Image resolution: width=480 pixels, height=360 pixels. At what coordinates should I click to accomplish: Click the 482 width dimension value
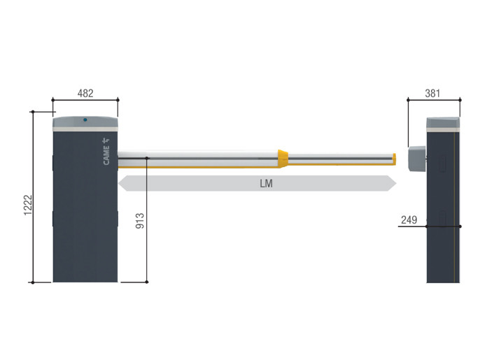[85, 93]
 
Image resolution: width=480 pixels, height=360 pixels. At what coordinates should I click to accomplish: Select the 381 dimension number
[432, 93]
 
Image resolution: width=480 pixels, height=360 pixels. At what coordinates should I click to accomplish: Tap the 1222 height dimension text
[28, 205]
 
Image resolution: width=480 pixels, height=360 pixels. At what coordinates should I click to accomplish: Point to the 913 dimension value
[140, 221]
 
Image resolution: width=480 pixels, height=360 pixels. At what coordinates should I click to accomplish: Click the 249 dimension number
[409, 219]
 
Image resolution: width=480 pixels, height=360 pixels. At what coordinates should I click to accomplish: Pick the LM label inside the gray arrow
[266, 184]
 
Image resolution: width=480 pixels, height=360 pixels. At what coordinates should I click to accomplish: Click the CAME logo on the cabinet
[106, 152]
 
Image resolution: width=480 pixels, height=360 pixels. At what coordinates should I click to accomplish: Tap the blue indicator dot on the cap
[85, 120]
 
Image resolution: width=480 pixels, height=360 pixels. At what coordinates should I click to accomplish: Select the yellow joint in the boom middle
[283, 159]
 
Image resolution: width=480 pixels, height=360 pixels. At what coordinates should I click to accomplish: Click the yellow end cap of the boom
[395, 159]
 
